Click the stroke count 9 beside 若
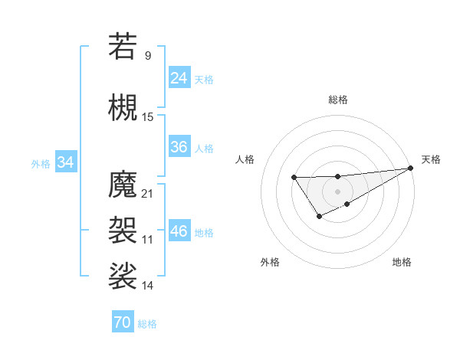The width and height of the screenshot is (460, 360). pyautogui.click(x=148, y=55)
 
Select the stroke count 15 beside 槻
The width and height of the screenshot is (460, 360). pyautogui.click(x=148, y=116)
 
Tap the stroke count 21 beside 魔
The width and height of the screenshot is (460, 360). pyautogui.click(x=148, y=193)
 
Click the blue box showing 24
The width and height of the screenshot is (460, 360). pyautogui.click(x=179, y=77)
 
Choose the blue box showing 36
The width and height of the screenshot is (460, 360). pyautogui.click(x=179, y=147)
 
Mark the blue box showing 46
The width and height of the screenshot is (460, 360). pyautogui.click(x=179, y=231)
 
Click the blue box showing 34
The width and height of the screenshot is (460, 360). pyautogui.click(x=65, y=162)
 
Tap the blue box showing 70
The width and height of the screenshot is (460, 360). pyautogui.click(x=122, y=322)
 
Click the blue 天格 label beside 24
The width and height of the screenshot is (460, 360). pyautogui.click(x=204, y=79)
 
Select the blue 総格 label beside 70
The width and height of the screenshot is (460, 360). pyautogui.click(x=147, y=324)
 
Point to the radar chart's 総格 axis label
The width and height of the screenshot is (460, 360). pyautogui.click(x=337, y=100)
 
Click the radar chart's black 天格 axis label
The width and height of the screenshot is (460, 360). pyautogui.click(x=431, y=159)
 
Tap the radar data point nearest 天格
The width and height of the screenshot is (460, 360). pyautogui.click(x=411, y=169)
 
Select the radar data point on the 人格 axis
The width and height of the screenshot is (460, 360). pyautogui.click(x=294, y=178)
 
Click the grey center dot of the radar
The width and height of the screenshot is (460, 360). pyautogui.click(x=337, y=191)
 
